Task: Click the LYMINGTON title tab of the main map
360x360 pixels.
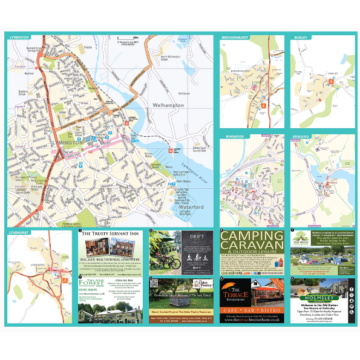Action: point(19,38)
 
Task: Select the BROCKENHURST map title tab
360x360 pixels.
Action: point(235,38)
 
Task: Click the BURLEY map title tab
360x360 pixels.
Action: point(301,38)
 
